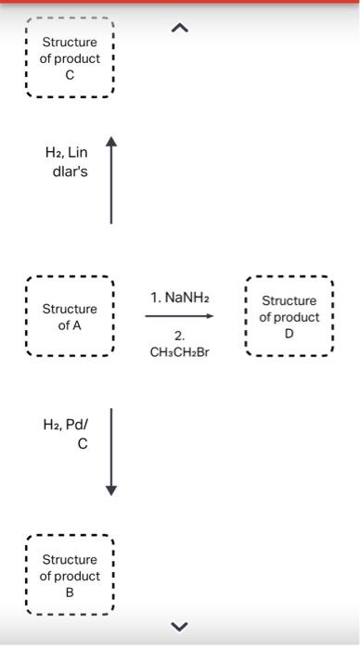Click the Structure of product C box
[x=69, y=57]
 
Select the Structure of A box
[x=69, y=316]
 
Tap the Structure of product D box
[x=289, y=316]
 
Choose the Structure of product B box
[x=69, y=575]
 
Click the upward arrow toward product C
[x=111, y=181]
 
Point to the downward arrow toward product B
[x=111, y=451]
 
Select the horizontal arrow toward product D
[x=179, y=316]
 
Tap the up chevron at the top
[x=179, y=29]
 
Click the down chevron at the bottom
[x=179, y=622]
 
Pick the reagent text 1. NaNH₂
[x=179, y=298]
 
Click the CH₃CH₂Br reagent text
[x=179, y=351]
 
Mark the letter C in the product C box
[x=69, y=75]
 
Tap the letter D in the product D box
[x=289, y=334]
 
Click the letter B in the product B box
[x=69, y=592]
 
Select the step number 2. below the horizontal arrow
[x=179, y=335]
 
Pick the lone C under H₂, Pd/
[x=83, y=444]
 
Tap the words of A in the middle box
[x=69, y=325]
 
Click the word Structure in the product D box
[x=289, y=300]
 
